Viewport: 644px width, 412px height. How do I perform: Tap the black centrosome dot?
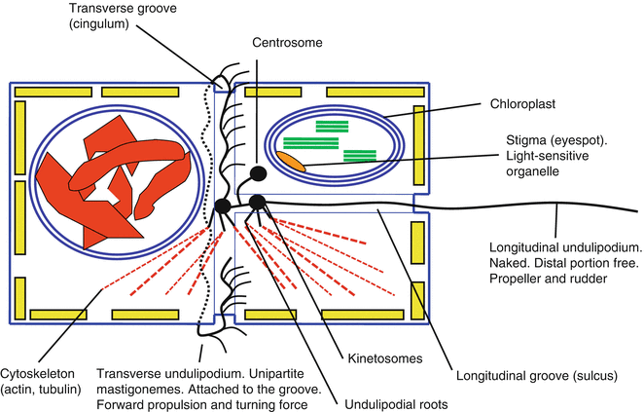tap(259, 175)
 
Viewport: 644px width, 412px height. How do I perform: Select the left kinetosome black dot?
tap(223, 206)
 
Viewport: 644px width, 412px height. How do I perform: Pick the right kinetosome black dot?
tap(259, 202)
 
